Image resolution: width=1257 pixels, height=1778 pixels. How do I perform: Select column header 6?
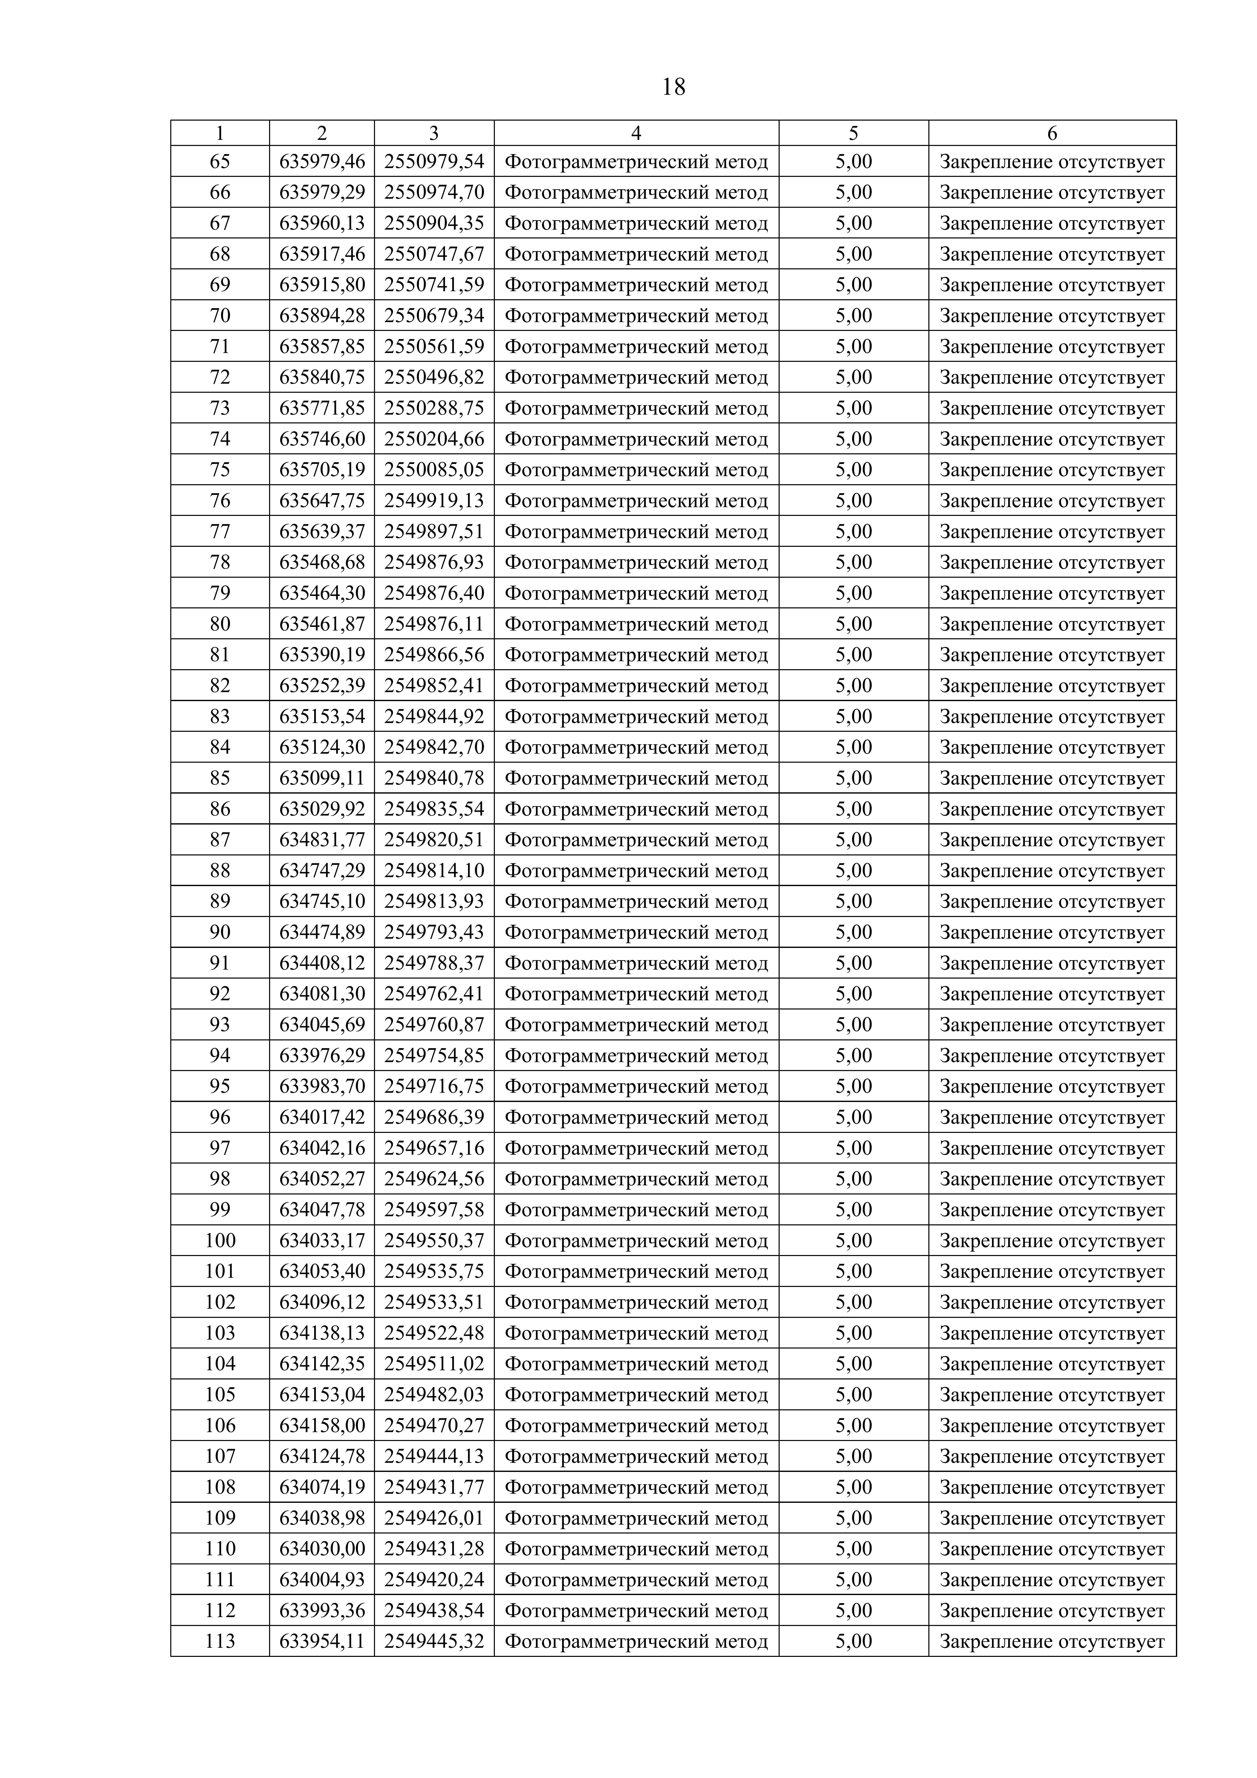1052,133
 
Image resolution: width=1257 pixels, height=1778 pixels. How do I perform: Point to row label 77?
220,531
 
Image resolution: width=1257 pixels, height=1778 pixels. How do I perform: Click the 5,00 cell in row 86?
853,809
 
